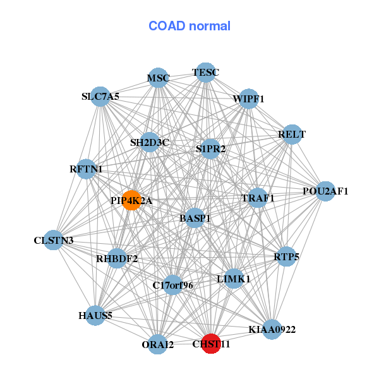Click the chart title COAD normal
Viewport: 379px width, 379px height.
pyautogui.click(x=189, y=26)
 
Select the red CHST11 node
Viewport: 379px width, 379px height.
pyautogui.click(x=210, y=344)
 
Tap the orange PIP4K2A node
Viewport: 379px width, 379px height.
pyautogui.click(x=131, y=200)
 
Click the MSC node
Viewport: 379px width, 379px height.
pyautogui.click(x=159, y=78)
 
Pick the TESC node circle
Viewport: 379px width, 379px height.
pyautogui.click(x=205, y=73)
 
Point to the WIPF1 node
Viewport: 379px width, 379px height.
pyautogui.click(x=248, y=99)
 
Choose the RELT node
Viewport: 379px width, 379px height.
pyautogui.click(x=291, y=134)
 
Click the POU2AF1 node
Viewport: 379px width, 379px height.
pyautogui.click(x=325, y=191)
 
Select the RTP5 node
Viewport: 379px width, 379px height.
pyautogui.click(x=287, y=256)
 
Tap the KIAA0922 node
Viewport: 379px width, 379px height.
pyautogui.click(x=272, y=329)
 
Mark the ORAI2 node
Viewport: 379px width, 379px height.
pyautogui.click(x=158, y=344)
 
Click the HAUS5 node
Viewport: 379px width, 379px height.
pyautogui.click(x=95, y=315)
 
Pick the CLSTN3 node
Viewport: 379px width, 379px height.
pyautogui.click(x=54, y=240)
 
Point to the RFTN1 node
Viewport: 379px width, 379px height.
pyautogui.click(x=87, y=169)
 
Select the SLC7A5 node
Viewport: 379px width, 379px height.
pyautogui.click(x=100, y=97)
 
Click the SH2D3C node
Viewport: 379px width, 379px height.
pyautogui.click(x=150, y=142)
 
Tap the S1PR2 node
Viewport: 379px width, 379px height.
pyautogui.click(x=210, y=149)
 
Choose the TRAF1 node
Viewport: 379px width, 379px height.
pyautogui.click(x=258, y=198)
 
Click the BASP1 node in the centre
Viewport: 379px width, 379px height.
pyautogui.click(x=195, y=218)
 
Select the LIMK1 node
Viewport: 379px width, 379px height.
pyautogui.click(x=234, y=279)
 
